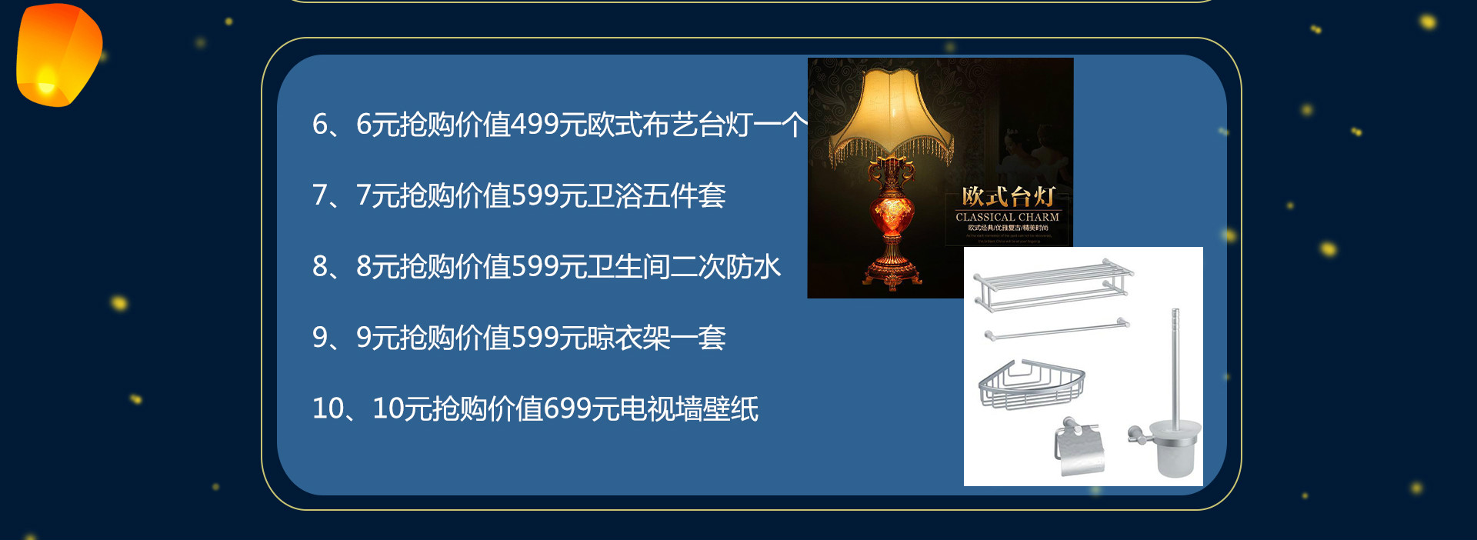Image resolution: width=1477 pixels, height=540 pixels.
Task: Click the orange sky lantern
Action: tap(58, 54)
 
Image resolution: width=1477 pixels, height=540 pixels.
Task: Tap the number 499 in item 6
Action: tap(534, 125)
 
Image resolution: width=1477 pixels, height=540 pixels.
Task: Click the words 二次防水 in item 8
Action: tap(725, 267)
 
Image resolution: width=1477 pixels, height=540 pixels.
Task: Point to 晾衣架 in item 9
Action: tap(628, 338)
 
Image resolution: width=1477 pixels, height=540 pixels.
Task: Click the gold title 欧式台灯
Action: tap(1008, 196)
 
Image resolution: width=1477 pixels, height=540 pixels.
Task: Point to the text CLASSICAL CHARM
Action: tap(1007, 217)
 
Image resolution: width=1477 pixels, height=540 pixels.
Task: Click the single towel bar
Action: tap(1056, 329)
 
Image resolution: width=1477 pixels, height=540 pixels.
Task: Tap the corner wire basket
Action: tap(1031, 384)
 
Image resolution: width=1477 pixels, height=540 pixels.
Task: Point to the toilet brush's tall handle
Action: tap(1175, 362)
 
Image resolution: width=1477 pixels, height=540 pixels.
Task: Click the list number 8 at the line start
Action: tap(320, 267)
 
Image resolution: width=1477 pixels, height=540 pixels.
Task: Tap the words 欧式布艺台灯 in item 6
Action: tap(668, 125)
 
